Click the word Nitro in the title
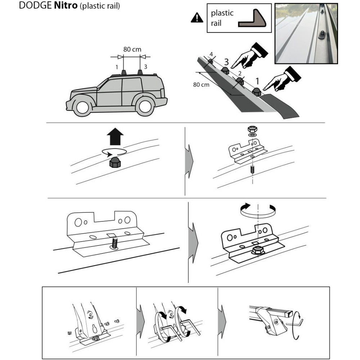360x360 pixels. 66,5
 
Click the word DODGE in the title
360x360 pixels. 35,5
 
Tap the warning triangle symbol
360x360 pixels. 197,18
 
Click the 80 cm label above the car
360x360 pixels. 132,49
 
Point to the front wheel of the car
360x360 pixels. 82,107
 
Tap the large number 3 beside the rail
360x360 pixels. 226,62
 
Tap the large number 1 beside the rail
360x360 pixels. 257,81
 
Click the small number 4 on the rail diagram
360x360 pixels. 211,55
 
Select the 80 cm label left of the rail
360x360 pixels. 201,85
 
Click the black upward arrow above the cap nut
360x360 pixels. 115,136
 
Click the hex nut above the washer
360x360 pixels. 253,129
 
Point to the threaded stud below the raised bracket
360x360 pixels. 252,170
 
